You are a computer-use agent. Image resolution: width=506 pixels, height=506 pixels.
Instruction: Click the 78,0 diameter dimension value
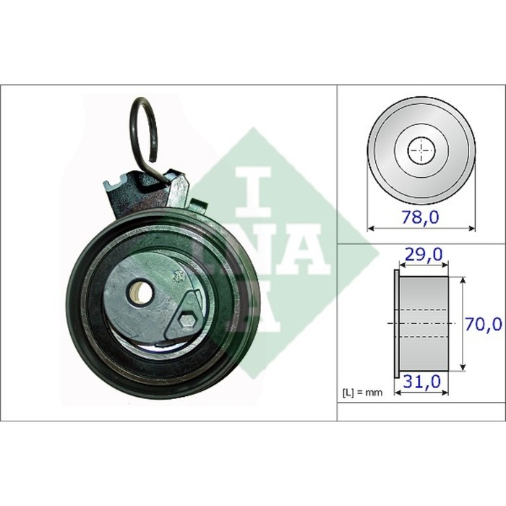(x=420, y=217)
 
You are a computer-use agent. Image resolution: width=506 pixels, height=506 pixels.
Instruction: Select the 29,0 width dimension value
(x=424, y=254)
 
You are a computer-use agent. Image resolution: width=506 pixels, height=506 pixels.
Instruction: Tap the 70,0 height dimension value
(x=484, y=323)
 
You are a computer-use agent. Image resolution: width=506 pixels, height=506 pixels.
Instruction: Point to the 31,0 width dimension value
(x=421, y=382)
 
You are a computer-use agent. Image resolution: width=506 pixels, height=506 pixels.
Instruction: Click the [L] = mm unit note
(x=362, y=393)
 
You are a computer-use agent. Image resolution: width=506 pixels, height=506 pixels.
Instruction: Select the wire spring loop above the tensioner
(x=145, y=136)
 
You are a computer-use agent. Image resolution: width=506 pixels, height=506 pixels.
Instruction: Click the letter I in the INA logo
(x=253, y=192)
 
